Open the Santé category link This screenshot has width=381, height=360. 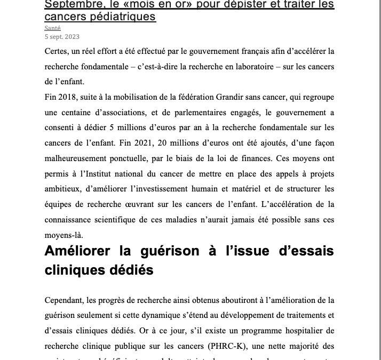tap(52, 28)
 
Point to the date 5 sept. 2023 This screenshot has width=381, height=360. tap(62, 36)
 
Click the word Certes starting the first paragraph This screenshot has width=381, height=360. tap(58, 51)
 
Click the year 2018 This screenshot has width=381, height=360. tap(68, 98)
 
